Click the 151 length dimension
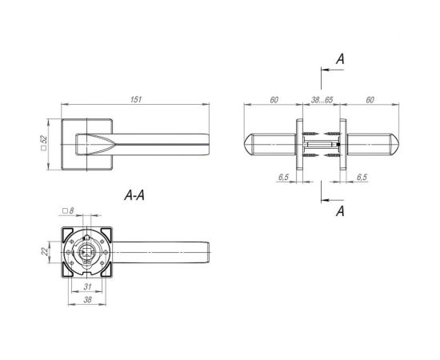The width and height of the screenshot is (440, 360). point(136,100)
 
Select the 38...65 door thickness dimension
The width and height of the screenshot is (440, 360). point(322,100)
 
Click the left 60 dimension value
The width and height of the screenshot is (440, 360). point(274,100)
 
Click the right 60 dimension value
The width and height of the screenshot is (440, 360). point(370,100)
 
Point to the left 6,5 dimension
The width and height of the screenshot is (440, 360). point(283,178)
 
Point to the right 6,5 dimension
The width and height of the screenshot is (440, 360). point(362,178)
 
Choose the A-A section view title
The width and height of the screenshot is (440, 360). point(134,195)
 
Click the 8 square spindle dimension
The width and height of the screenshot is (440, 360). point(68,210)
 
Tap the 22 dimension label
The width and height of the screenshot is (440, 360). point(45,251)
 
